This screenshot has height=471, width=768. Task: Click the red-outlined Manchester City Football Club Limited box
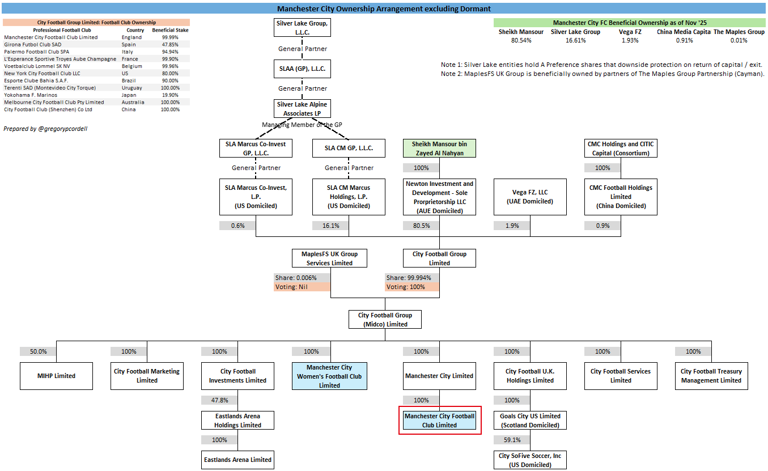click(440, 421)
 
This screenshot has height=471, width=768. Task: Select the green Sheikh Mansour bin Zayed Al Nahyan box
click(439, 148)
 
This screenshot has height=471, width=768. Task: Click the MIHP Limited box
click(56, 376)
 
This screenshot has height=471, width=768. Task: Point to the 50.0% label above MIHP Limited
click(38, 351)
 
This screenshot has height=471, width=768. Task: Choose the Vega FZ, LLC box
click(530, 197)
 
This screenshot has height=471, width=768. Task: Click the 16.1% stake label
click(331, 226)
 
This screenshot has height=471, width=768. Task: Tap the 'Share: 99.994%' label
click(412, 278)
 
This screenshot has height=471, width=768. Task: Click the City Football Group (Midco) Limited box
click(385, 320)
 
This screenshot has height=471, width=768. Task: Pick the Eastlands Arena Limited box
click(238, 460)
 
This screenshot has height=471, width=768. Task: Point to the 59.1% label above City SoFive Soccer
click(512, 440)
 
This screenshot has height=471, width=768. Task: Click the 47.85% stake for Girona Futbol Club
click(170, 45)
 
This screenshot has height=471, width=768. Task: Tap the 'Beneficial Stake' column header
click(170, 30)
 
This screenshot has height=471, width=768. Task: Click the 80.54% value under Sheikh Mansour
click(520, 41)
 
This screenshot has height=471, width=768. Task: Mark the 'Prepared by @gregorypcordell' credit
click(45, 129)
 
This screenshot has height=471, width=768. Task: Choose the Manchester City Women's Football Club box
click(329, 376)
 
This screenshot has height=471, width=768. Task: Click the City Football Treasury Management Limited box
click(711, 376)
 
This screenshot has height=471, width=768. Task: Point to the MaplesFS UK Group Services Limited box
click(329, 258)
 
